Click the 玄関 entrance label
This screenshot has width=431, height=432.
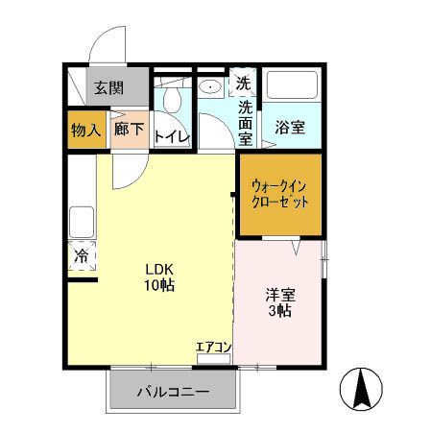108,87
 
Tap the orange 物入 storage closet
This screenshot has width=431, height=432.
86,130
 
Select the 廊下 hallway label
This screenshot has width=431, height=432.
129,130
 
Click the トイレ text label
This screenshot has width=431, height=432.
173,136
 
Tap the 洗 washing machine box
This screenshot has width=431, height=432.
245,83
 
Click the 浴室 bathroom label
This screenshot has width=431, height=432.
290,128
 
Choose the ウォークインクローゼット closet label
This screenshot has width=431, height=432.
279,195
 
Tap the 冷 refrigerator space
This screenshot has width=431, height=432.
82,256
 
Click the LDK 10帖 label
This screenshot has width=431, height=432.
158,276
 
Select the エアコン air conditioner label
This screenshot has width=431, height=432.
214,347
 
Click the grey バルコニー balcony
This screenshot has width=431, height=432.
173,391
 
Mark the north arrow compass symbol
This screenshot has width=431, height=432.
364,387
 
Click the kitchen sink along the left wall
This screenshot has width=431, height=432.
81,223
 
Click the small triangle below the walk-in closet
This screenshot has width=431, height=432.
298,248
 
